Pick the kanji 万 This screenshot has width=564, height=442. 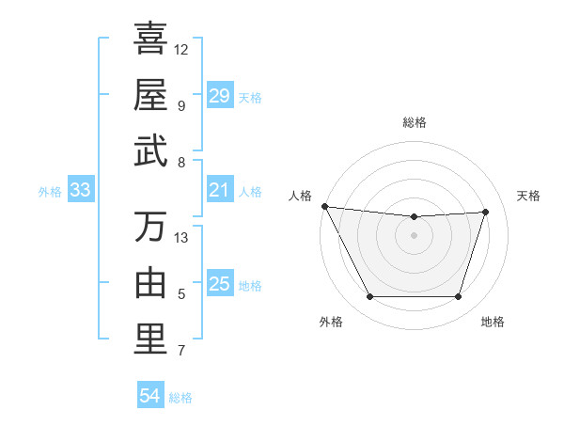click(x=150, y=227)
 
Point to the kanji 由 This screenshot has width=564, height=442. click(x=150, y=283)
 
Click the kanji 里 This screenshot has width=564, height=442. click(x=150, y=339)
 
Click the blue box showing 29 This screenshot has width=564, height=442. click(x=220, y=96)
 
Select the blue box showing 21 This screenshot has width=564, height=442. click(x=220, y=191)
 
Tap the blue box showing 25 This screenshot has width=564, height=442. click(x=220, y=285)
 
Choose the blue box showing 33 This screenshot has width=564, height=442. click(x=81, y=191)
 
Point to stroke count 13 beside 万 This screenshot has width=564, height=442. click(x=181, y=237)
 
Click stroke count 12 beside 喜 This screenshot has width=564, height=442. click(x=181, y=48)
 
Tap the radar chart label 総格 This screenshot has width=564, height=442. click(x=414, y=122)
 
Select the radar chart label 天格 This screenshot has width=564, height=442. click(x=528, y=196)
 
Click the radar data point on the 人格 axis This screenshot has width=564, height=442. click(x=325, y=206)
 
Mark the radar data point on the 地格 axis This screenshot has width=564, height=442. click(x=459, y=297)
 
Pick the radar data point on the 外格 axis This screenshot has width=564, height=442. click(x=369, y=297)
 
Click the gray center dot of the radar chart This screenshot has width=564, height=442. click(x=414, y=235)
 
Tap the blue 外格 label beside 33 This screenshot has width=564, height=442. click(x=50, y=192)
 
